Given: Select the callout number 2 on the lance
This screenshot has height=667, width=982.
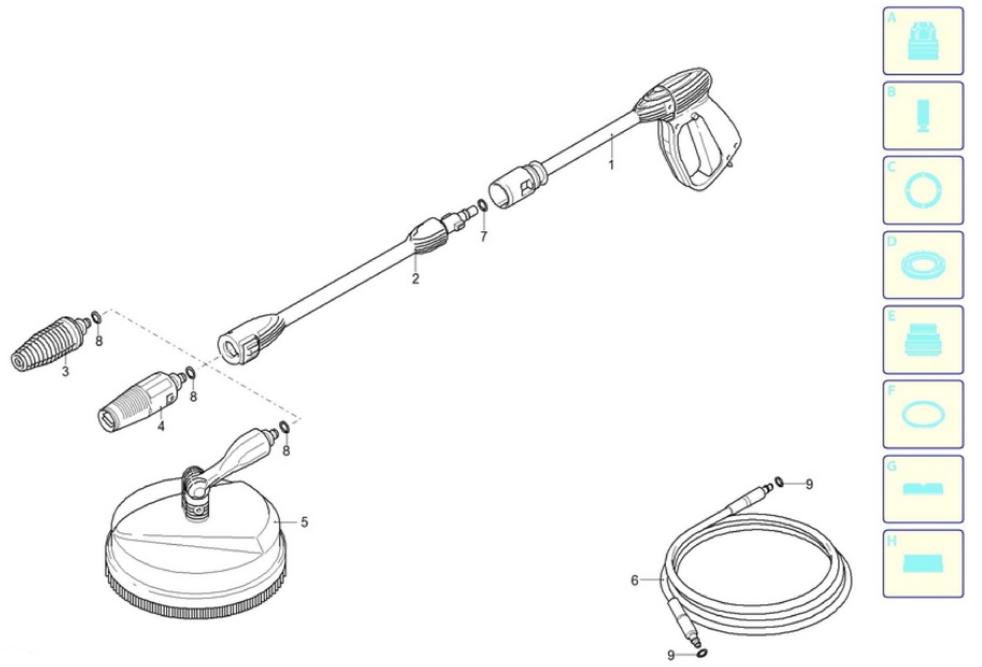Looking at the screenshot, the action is pos(415,279).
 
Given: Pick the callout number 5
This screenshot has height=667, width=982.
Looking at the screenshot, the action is pos(304,522).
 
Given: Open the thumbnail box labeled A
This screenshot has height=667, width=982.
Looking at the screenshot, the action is pos(923,41).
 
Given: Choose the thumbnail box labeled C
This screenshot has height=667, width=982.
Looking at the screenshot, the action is pos(923,190).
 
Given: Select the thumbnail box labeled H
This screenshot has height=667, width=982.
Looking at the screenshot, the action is pos(923,564).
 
